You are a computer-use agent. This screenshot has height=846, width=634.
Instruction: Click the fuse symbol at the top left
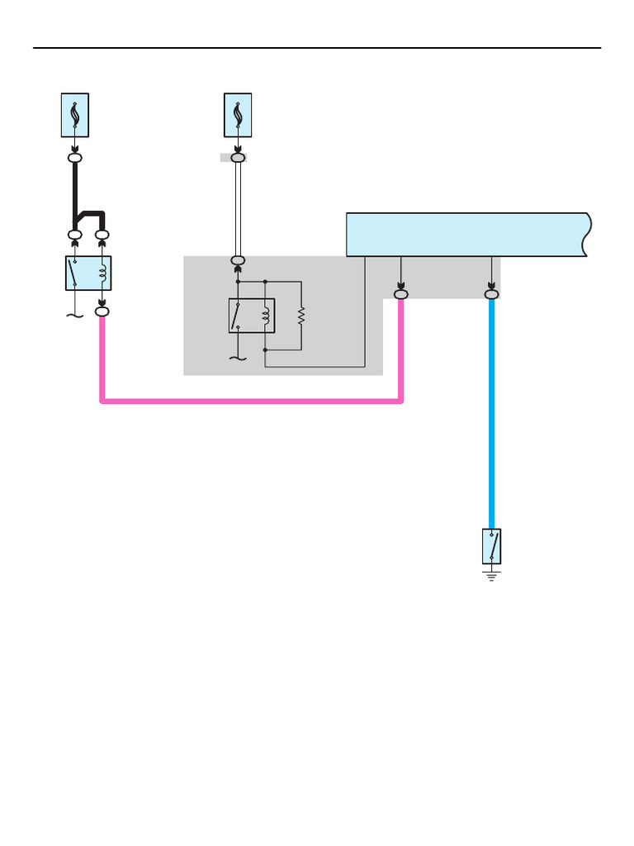[x=75, y=115]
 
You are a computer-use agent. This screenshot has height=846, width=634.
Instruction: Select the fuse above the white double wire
[x=238, y=115]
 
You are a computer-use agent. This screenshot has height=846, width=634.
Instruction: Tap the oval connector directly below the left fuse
[x=75, y=157]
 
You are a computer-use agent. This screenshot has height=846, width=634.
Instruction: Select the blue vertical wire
[x=492, y=413]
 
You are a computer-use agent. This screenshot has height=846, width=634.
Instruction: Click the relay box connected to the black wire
[x=88, y=273]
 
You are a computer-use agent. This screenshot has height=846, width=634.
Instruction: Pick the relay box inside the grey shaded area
[x=252, y=315]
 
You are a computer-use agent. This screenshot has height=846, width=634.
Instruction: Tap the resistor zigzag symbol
[x=301, y=315]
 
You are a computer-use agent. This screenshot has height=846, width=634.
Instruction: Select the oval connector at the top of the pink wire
[x=401, y=293]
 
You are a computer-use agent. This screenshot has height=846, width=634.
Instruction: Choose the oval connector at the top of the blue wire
[x=492, y=293]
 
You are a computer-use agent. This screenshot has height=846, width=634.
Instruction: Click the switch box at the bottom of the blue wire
[x=492, y=546]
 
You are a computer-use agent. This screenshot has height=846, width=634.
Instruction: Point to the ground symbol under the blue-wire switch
[x=492, y=575]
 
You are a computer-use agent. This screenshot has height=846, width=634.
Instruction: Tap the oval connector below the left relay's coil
[x=102, y=311]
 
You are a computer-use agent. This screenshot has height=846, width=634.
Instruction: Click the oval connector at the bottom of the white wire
[x=238, y=261]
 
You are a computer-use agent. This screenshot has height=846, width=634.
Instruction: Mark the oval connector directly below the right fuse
[x=238, y=157]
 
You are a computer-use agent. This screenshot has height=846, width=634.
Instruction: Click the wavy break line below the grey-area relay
[x=238, y=358]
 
